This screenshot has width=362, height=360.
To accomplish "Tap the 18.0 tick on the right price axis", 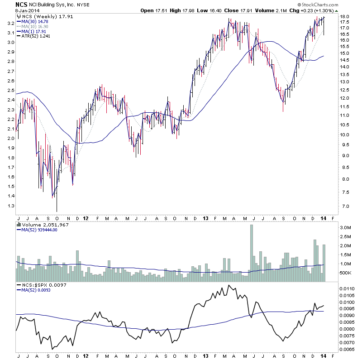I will point(345,17).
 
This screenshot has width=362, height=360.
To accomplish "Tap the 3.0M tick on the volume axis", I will point(346,227).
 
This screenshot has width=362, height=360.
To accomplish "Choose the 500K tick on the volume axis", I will point(347,273).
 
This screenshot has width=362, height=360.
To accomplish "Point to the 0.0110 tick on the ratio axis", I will point(349,288).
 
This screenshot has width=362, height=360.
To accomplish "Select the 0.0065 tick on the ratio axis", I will point(349,349).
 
